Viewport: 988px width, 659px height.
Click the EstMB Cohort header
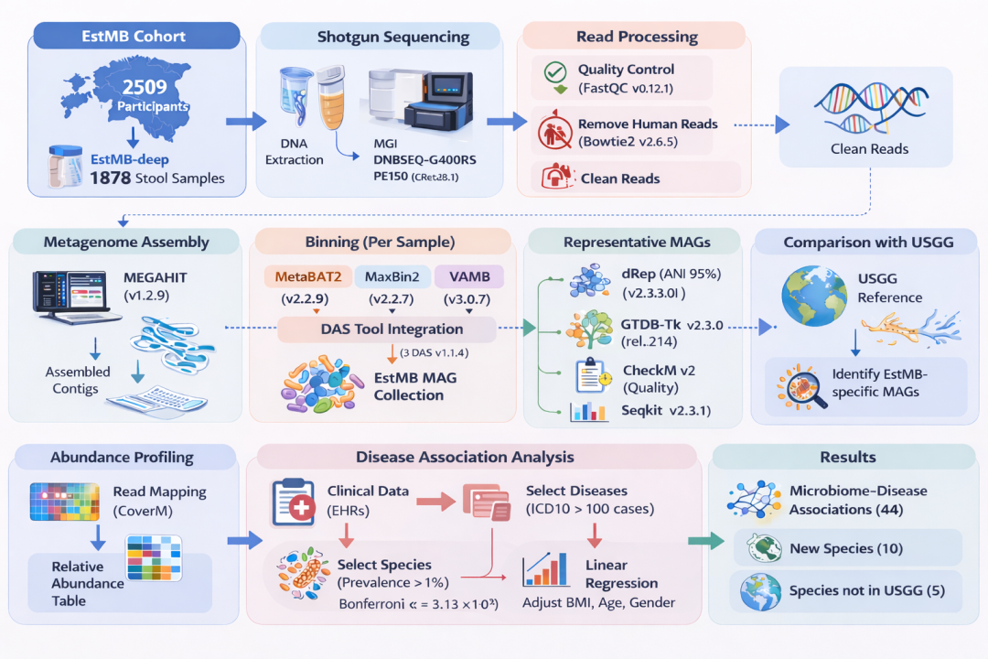point(134,38)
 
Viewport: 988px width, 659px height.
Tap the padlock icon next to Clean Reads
point(553,178)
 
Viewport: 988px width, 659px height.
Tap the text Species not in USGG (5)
point(866,591)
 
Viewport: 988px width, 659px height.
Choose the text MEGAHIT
point(155,276)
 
